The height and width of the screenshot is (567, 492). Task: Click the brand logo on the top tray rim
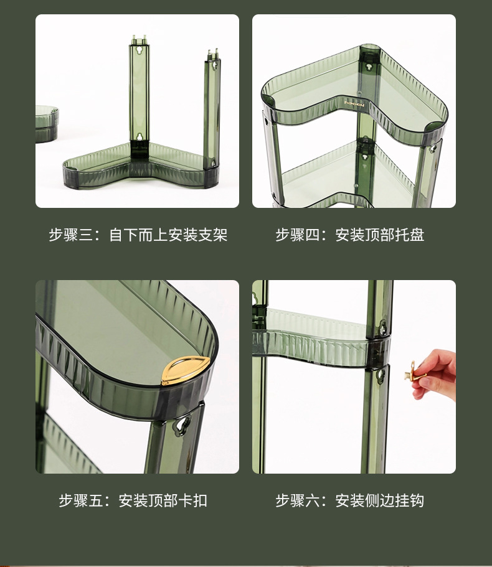coord(353,101)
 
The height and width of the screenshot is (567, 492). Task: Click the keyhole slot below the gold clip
coord(182,425)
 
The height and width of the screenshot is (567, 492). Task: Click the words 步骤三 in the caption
coord(70,235)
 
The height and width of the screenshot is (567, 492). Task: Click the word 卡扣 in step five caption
coord(193,500)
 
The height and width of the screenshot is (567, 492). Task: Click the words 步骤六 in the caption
coord(297,500)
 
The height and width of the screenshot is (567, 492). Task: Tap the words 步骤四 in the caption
coord(297,235)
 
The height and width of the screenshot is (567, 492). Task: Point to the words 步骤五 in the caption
coord(80,500)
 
